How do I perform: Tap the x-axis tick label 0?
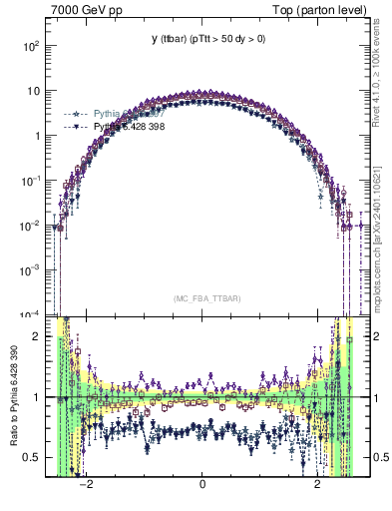202,485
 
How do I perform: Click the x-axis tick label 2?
318,485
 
